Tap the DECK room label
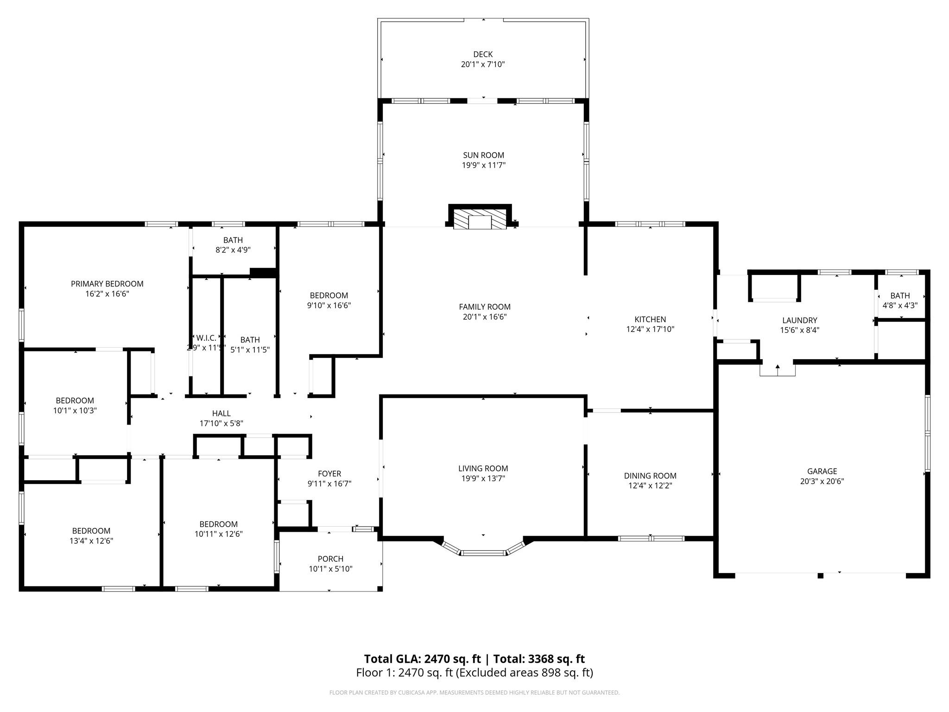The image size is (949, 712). pyautogui.click(x=483, y=54)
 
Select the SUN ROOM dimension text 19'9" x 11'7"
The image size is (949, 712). pyautogui.click(x=483, y=165)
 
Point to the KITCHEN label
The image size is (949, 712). pyautogui.click(x=650, y=319)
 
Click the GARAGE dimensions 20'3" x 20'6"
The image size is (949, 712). pyautogui.click(x=822, y=481)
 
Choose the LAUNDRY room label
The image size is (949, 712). pyautogui.click(x=800, y=320)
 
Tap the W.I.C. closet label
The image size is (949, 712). pyautogui.click(x=206, y=338)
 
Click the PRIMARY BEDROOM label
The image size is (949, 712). pyautogui.click(x=107, y=284)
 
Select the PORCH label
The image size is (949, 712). pyautogui.click(x=331, y=559)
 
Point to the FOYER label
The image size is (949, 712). pyautogui.click(x=329, y=474)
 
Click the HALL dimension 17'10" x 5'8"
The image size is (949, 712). pyautogui.click(x=221, y=423)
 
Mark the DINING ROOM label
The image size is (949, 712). pyautogui.click(x=650, y=476)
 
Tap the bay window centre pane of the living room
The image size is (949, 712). pyautogui.click(x=483, y=553)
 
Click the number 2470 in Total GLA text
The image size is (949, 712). pyautogui.click(x=437, y=659)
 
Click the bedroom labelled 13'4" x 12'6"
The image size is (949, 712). pyautogui.click(x=91, y=536)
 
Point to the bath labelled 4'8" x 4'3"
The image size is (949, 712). pyautogui.click(x=900, y=300)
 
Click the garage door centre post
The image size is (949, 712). pyautogui.click(x=820, y=576)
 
